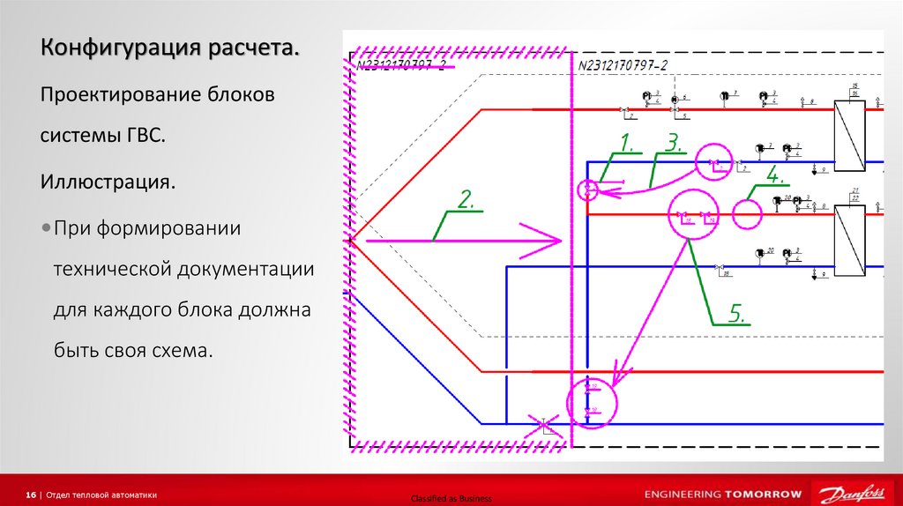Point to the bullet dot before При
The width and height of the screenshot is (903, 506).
click(46, 228)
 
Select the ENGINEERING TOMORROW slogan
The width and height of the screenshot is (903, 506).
click(723, 494)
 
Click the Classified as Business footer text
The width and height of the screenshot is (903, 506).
click(451, 499)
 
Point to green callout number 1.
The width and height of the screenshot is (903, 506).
click(626, 142)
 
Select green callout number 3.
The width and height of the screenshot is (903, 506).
click(675, 142)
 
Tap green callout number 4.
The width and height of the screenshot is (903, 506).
click(773, 175)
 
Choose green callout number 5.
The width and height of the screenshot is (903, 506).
click(737, 312)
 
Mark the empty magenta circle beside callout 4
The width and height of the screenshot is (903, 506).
click(747, 214)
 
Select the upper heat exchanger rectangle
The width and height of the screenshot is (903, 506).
click(849, 135)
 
